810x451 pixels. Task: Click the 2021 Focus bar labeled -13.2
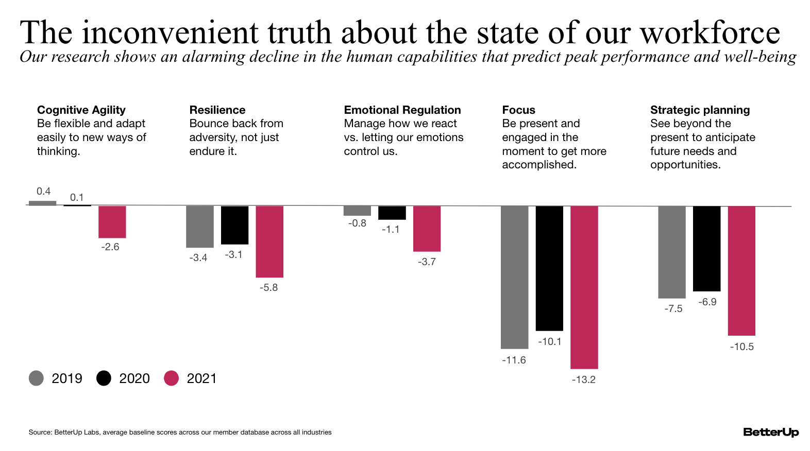tap(584, 287)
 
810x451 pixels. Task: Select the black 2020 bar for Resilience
tap(234, 225)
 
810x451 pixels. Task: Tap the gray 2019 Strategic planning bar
tap(671, 252)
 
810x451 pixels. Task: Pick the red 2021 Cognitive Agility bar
tap(112, 222)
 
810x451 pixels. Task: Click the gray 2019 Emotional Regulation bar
tap(357, 211)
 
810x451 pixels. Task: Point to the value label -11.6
tap(514, 360)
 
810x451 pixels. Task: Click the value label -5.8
tap(268, 287)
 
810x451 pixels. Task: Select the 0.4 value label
tap(43, 191)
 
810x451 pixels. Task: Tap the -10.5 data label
tap(741, 346)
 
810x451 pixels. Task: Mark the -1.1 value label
tap(391, 229)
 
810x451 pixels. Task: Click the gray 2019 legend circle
tap(36, 378)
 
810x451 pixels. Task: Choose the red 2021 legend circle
tap(171, 378)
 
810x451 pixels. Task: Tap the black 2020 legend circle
tap(104, 378)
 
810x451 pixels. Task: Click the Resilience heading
tap(217, 110)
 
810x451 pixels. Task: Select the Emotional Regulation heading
tap(402, 110)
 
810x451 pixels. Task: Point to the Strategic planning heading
tap(700, 110)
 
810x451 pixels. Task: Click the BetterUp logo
tap(770, 432)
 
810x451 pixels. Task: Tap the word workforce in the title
tap(710, 32)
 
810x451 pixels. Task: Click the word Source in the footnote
tap(40, 432)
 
